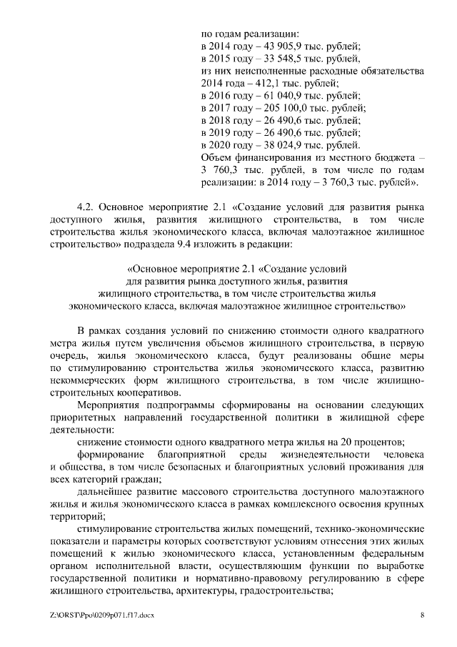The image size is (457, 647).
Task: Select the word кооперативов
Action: (146, 392)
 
